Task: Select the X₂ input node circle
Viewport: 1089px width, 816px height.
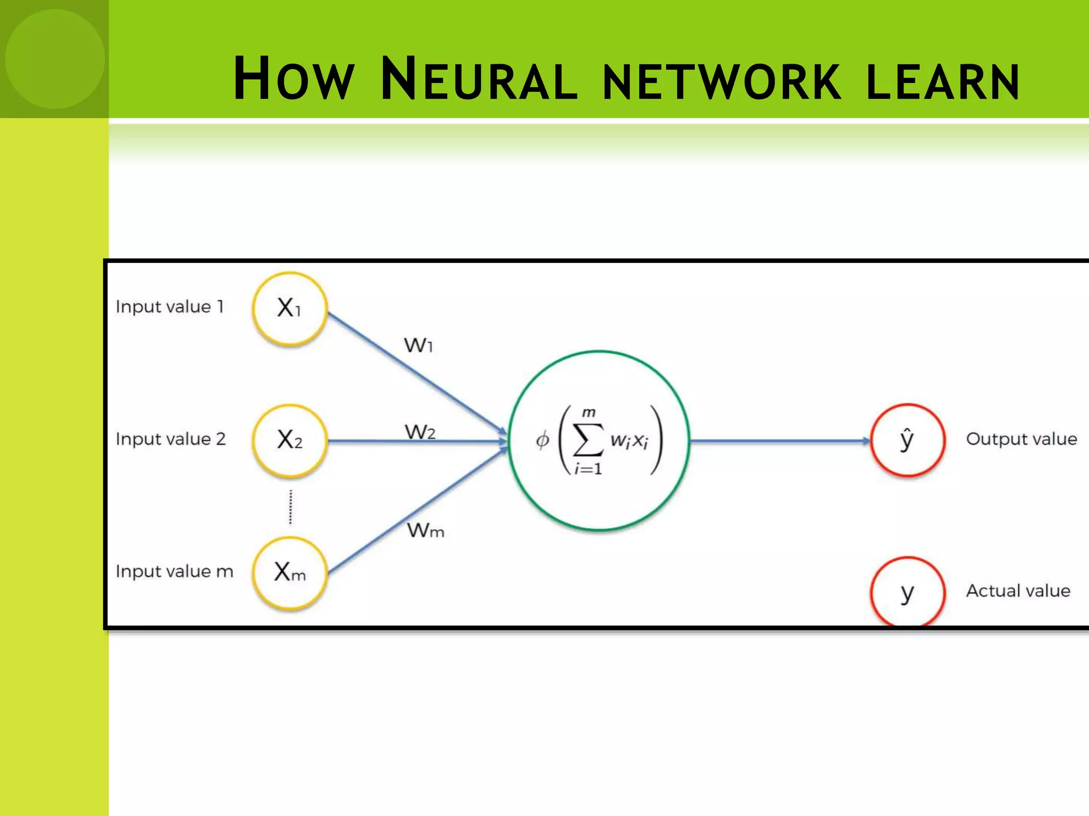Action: pyautogui.click(x=289, y=440)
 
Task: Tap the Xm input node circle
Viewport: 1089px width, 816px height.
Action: pyautogui.click(x=289, y=572)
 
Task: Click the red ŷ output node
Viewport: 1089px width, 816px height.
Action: pyautogui.click(x=907, y=440)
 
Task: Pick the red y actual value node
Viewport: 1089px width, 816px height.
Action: pyautogui.click(x=907, y=591)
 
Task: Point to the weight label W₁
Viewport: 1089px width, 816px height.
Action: pyautogui.click(x=418, y=346)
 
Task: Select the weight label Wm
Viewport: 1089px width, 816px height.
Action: pyautogui.click(x=425, y=530)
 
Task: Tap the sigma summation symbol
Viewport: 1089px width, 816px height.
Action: pyautogui.click(x=588, y=440)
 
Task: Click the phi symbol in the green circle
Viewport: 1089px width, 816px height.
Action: pyautogui.click(x=542, y=440)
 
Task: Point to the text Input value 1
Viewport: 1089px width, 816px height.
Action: pyautogui.click(x=170, y=307)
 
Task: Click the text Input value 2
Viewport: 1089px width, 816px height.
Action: pyautogui.click(x=171, y=439)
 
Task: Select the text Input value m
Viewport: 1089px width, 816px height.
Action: pyautogui.click(x=174, y=572)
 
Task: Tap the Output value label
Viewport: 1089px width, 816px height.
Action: pyautogui.click(x=1021, y=439)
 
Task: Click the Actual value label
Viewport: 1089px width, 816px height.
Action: pyautogui.click(x=1018, y=591)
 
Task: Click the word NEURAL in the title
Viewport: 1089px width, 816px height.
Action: pyautogui.click(x=479, y=80)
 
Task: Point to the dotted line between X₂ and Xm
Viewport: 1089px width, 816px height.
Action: pyautogui.click(x=290, y=507)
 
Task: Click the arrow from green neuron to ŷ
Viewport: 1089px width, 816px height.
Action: pyautogui.click(x=779, y=441)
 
